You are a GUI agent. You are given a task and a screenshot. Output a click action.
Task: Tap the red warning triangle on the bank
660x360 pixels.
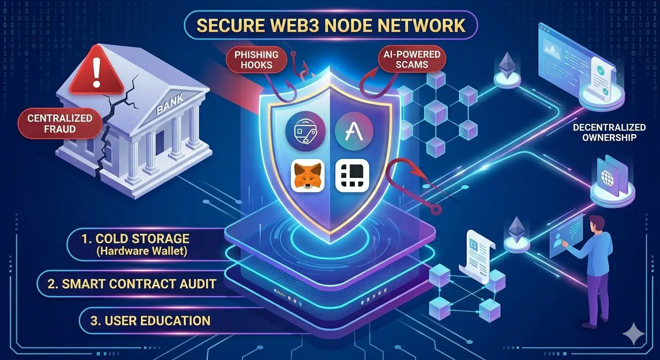click(x=97, y=72)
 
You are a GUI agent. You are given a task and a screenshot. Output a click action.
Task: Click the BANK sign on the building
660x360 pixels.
click(x=170, y=103)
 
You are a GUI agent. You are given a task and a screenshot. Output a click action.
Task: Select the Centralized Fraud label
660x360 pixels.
click(x=60, y=124)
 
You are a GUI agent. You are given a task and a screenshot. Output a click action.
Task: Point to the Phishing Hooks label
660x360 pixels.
click(x=256, y=60)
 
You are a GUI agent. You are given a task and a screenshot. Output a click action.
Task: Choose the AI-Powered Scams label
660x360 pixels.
click(x=412, y=60)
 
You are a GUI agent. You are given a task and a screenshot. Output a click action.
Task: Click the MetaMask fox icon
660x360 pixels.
click(x=307, y=176)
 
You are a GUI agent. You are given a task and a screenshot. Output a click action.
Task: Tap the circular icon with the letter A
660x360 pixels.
click(x=354, y=131)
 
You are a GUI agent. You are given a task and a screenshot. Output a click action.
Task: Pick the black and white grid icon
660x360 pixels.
click(x=352, y=176)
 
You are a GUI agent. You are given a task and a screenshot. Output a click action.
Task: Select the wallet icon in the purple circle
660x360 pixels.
click(x=306, y=131)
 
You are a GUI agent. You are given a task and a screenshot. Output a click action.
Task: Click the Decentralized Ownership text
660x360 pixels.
click(x=609, y=132)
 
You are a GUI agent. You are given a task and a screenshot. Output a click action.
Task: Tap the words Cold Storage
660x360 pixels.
click(x=142, y=239)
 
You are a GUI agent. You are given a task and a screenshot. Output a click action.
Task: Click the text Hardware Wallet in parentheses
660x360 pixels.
click(x=142, y=251)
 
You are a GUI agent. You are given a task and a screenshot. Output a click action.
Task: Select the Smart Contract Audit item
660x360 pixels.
click(x=132, y=284)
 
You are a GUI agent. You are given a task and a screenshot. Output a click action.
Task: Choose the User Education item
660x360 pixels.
click(x=150, y=321)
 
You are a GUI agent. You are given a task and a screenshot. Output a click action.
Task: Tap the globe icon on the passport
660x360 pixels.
click(x=607, y=178)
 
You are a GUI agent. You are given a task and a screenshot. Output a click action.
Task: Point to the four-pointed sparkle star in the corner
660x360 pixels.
click(x=633, y=334)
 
